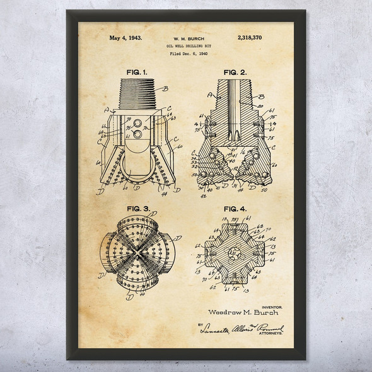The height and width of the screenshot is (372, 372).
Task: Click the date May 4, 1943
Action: click(x=125, y=38)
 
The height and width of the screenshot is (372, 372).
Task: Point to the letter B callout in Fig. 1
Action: click(x=165, y=88)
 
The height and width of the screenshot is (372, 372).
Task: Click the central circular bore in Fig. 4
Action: click(x=235, y=252)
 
